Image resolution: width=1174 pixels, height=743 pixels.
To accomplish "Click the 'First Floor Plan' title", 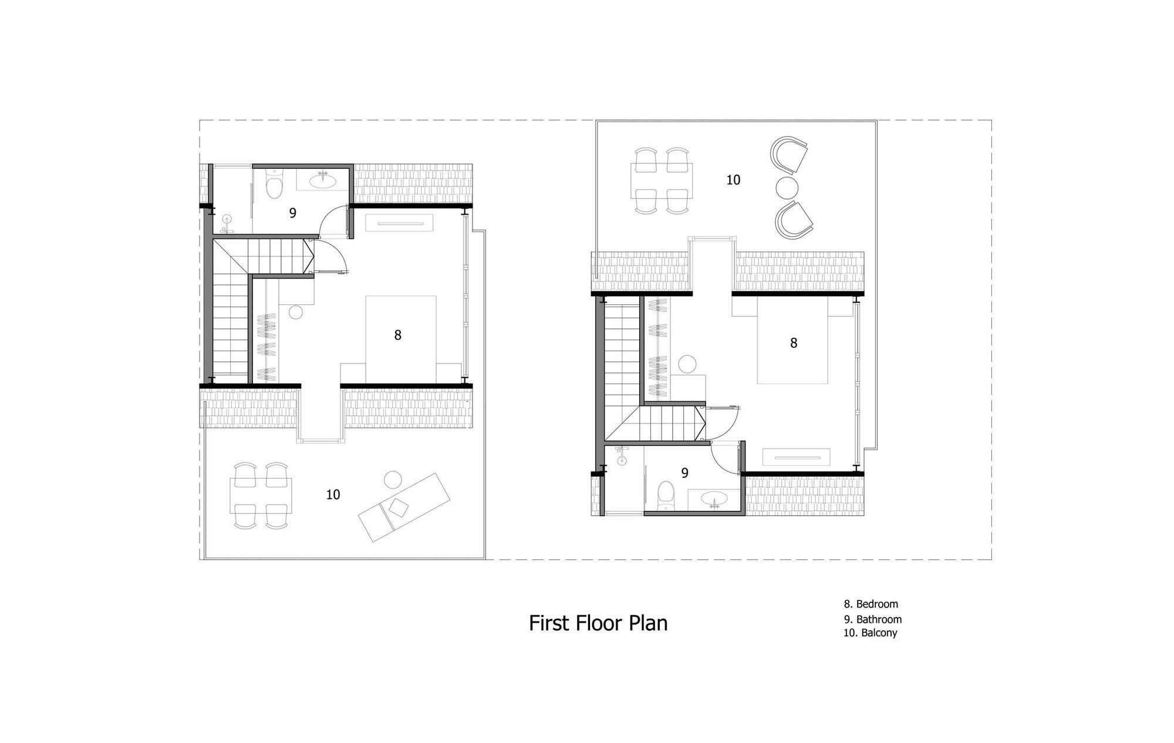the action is [598, 623].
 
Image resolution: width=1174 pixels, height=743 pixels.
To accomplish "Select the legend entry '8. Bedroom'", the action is [871, 604].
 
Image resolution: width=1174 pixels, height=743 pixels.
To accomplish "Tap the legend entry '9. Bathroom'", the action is [873, 619].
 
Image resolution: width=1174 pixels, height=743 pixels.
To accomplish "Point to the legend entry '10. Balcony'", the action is [871, 633].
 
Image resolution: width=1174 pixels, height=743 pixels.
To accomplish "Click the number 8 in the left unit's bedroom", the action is [398, 335].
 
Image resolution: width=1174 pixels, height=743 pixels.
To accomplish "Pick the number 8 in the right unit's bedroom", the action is [794, 343].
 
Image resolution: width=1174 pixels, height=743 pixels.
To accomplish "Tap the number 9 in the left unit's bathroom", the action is [292, 213].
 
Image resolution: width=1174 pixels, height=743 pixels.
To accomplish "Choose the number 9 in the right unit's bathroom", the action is [684, 473].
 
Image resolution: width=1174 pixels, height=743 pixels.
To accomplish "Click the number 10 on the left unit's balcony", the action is [333, 495].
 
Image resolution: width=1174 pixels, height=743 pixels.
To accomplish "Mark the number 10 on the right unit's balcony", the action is [733, 180].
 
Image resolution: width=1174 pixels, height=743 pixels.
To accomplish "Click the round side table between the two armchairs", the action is [787, 188].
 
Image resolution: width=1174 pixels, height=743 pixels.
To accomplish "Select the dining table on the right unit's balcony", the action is [662, 180].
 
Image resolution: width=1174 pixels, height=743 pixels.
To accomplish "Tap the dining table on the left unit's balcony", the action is [261, 496].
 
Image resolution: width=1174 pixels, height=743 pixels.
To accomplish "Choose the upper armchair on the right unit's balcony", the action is [791, 155].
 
